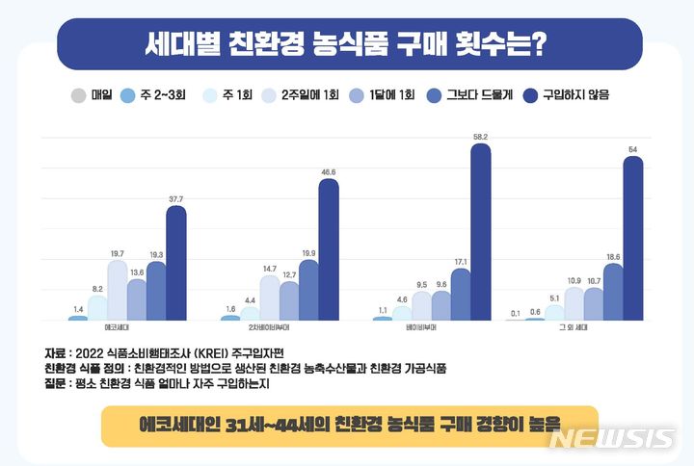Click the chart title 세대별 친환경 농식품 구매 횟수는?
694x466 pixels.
pos(347,43)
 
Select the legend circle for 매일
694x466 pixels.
pos(78,95)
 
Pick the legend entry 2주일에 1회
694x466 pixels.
pos(300,95)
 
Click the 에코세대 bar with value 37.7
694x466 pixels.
pos(175,264)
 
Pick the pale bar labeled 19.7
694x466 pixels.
pos(117,291)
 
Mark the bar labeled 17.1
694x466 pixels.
pos(461,295)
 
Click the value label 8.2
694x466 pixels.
pos(97,289)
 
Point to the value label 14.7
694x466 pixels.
pos(269,269)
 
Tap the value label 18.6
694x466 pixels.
pos(613,257)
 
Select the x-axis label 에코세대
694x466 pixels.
pos(119,329)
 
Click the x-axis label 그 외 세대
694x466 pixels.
pos(575,329)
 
